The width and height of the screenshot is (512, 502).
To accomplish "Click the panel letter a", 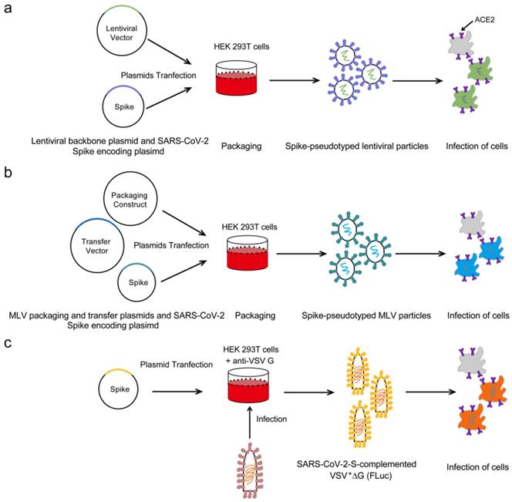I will click(9, 8).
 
